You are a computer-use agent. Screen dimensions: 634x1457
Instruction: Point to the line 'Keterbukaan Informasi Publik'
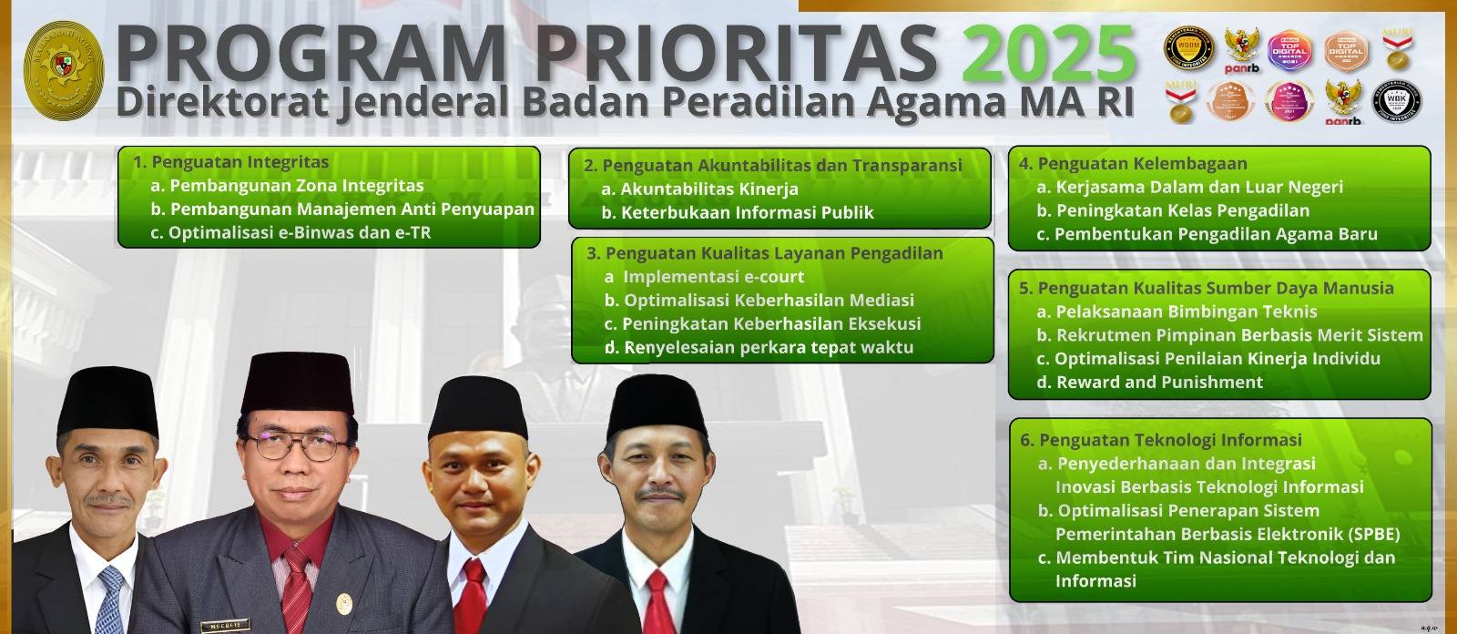coord(747,213)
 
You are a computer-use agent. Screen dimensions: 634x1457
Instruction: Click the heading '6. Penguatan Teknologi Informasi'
coord(1161,440)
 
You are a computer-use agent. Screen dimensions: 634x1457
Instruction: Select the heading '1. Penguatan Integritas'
coord(231,162)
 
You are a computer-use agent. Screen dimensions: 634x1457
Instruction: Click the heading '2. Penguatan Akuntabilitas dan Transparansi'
coord(772,166)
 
